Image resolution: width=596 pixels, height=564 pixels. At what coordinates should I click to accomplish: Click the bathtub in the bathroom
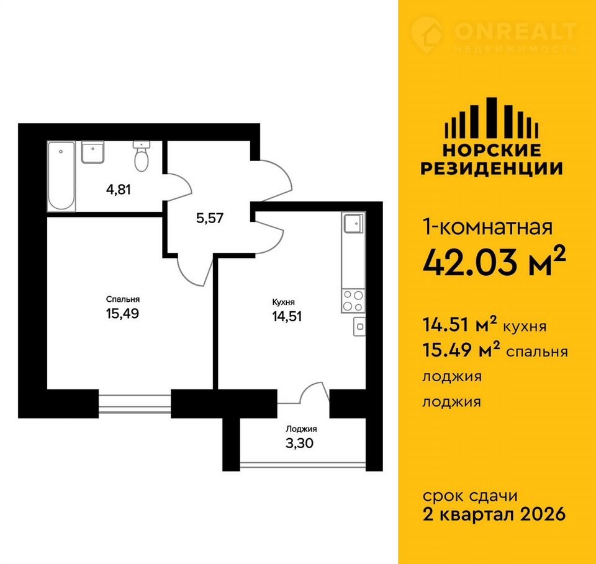coord(61,176)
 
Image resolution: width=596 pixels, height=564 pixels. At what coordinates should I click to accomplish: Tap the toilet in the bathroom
coord(142,156)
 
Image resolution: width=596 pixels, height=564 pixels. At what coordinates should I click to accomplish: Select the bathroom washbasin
coord(93,152)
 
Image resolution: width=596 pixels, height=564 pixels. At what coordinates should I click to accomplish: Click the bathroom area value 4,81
coord(119,189)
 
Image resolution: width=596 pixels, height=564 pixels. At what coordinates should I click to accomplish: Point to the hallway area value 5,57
coord(210,218)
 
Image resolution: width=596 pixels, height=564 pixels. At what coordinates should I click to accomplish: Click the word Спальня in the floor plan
coord(123,299)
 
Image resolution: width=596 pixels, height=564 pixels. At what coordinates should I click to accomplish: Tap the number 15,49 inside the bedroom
coord(122,314)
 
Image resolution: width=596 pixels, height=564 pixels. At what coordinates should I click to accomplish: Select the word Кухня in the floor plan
coord(284,302)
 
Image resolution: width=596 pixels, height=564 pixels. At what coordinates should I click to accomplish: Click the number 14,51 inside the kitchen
coord(287,316)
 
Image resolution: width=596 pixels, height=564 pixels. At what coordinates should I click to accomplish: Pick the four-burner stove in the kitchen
coord(353,301)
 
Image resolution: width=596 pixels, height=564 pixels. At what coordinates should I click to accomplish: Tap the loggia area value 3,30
coord(299,443)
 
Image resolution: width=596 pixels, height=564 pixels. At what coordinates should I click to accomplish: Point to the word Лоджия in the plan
coord(302,430)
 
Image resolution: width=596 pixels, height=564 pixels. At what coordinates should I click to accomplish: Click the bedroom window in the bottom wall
coord(135,403)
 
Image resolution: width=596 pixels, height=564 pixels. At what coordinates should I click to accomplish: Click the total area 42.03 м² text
coord(494,262)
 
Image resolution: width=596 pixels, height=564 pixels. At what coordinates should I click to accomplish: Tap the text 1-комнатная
coord(488,227)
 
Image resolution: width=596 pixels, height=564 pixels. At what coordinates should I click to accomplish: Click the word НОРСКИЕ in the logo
coord(492,151)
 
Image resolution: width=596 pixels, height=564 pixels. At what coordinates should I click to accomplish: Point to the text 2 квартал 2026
coord(494,514)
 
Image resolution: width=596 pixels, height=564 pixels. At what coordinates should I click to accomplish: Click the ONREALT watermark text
coord(515,32)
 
